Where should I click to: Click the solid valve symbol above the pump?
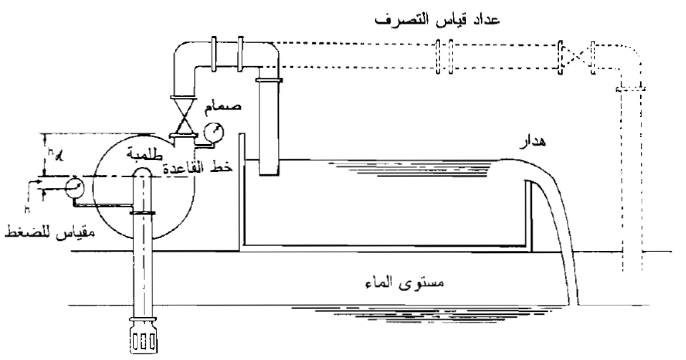185,114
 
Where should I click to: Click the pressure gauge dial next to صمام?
211,132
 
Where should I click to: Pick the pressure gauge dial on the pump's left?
74,187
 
